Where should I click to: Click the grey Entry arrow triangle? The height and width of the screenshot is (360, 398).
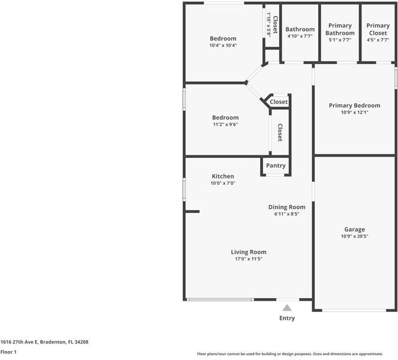[287, 308]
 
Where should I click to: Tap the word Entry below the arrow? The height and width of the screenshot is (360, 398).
[287, 319]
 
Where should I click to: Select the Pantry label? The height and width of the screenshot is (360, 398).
[276, 166]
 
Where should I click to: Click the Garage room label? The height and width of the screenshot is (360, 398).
[355, 229]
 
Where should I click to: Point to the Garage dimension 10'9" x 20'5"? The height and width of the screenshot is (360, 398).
[355, 236]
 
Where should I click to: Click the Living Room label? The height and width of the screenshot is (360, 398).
[249, 252]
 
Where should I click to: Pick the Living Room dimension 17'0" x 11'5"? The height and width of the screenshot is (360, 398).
[249, 259]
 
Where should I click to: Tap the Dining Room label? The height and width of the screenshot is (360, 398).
[287, 207]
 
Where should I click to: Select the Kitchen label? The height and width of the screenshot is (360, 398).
[223, 176]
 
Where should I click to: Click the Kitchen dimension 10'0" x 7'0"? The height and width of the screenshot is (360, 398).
[223, 183]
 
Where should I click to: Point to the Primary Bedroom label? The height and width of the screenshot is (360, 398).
[355, 106]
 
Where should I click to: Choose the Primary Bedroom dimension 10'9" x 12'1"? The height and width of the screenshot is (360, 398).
[355, 113]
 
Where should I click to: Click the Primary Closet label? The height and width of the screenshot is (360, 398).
[378, 29]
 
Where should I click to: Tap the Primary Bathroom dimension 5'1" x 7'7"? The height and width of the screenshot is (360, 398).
[340, 40]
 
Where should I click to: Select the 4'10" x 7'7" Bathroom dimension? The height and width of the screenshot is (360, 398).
[300, 36]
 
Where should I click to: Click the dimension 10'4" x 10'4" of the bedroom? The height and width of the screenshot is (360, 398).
[223, 46]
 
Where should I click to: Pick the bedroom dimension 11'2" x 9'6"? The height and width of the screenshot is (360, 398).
[225, 124]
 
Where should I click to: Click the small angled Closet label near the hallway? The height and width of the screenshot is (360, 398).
[279, 102]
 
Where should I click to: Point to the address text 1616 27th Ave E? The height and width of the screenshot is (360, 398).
[19, 342]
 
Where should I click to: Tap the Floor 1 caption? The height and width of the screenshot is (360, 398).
[8, 352]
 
